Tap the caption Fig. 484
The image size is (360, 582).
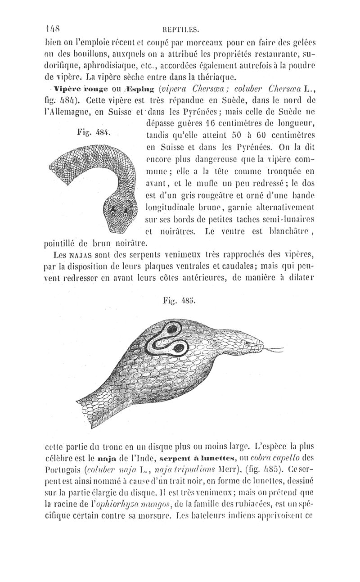click(94, 132)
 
